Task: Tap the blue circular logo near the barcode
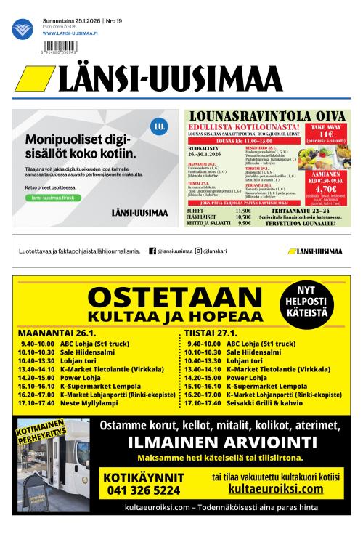point(23,29)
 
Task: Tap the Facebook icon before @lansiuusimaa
point(152,251)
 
